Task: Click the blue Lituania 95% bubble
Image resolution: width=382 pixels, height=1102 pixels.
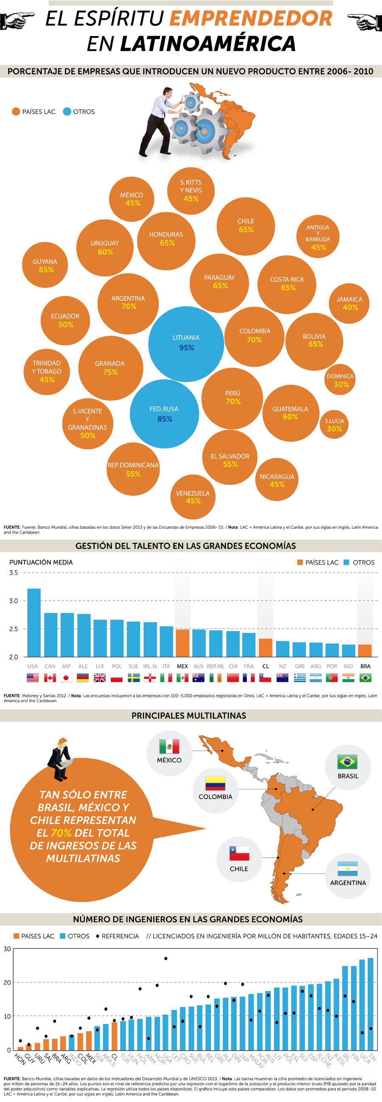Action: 186,344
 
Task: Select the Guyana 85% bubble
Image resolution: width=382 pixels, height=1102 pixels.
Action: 45,265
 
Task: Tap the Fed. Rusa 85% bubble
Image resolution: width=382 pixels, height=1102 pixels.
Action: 164,414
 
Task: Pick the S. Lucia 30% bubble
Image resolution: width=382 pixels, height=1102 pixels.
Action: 334,425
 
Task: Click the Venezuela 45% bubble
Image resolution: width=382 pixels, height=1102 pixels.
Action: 193,497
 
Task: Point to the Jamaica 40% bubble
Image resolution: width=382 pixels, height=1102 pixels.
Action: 349,303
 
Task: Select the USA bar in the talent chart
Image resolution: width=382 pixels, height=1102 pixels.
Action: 34,622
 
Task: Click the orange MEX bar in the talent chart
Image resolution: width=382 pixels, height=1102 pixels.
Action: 183,643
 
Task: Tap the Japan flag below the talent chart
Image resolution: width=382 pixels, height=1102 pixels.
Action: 66,678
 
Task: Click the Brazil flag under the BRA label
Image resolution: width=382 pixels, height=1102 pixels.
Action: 365,678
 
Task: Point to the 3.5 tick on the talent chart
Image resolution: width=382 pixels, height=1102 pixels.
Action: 14,573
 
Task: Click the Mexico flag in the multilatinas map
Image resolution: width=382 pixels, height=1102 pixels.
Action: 169,747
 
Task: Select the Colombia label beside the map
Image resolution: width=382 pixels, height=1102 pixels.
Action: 216,797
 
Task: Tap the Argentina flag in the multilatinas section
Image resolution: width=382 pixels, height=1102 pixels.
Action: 347,868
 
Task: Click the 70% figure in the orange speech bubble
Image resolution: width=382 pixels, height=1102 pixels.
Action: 61,833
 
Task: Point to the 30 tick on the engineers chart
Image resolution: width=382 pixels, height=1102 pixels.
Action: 7,949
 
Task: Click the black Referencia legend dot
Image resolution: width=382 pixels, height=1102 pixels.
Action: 97,936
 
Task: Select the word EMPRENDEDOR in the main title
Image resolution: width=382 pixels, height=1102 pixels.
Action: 251,18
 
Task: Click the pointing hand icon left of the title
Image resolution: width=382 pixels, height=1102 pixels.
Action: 17,20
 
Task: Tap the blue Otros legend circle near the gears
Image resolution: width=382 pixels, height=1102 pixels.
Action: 67,112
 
